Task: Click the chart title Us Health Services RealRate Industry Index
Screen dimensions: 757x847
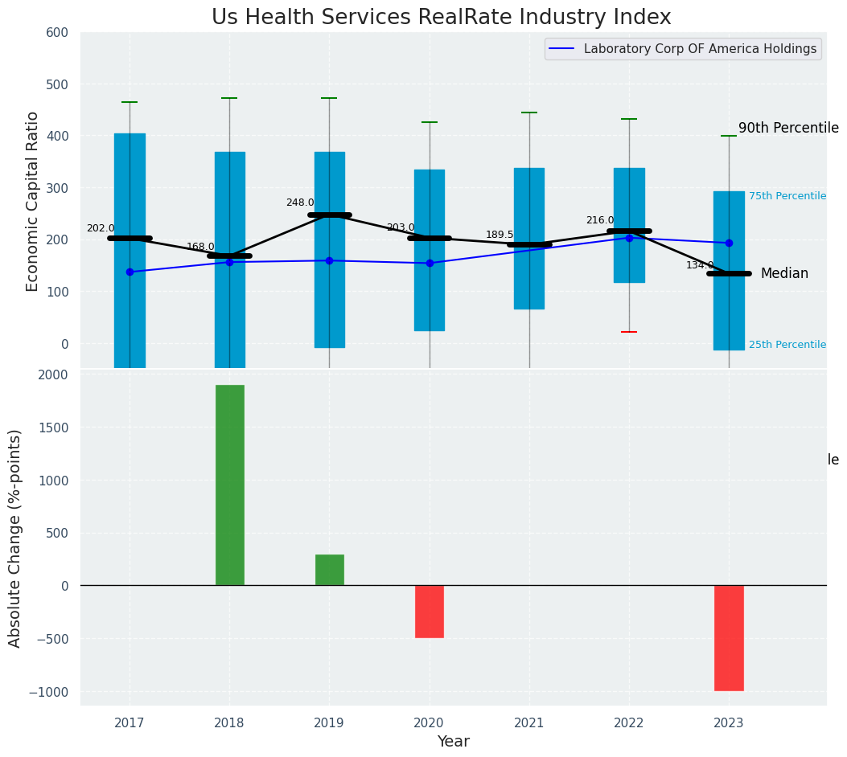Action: pyautogui.click(x=441, y=18)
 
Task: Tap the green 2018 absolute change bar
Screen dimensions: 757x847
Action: pyautogui.click(x=229, y=485)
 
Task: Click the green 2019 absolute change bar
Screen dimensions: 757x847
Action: pyautogui.click(x=329, y=570)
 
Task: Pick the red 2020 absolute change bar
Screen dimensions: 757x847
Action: pyautogui.click(x=430, y=612)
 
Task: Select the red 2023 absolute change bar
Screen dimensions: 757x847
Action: pyautogui.click(x=729, y=638)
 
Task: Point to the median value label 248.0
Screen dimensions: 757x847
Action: pyautogui.click(x=300, y=203)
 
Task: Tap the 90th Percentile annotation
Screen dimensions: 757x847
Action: pyautogui.click(x=788, y=129)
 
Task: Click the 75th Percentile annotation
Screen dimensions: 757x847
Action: pyautogui.click(x=787, y=196)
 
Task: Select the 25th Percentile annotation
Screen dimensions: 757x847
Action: pyautogui.click(x=787, y=345)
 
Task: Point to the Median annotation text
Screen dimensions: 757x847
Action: pyautogui.click(x=784, y=274)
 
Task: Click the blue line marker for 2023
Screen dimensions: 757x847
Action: pyautogui.click(x=729, y=243)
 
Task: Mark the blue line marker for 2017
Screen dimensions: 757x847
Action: pyautogui.click(x=130, y=272)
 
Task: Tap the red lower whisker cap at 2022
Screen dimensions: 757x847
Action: pyautogui.click(x=629, y=332)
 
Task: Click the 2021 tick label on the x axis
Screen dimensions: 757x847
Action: pyautogui.click(x=529, y=723)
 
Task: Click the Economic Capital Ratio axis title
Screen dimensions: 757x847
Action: pyautogui.click(x=33, y=201)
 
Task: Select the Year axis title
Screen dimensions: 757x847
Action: pyautogui.click(x=453, y=742)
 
